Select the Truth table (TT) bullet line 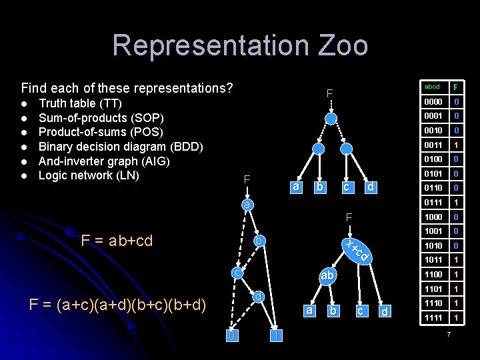pyautogui.click(x=80, y=103)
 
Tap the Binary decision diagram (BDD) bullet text pyautogui.click(x=121, y=146)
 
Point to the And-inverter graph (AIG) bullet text pyautogui.click(x=103, y=161)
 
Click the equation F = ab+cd pyautogui.click(x=117, y=240)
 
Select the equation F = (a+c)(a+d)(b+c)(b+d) pyautogui.click(x=118, y=305)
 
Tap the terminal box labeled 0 pyautogui.click(x=231, y=335)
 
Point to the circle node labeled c pyautogui.click(x=237, y=272)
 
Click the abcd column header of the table pyautogui.click(x=432, y=87)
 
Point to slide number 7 pyautogui.click(x=449, y=333)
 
